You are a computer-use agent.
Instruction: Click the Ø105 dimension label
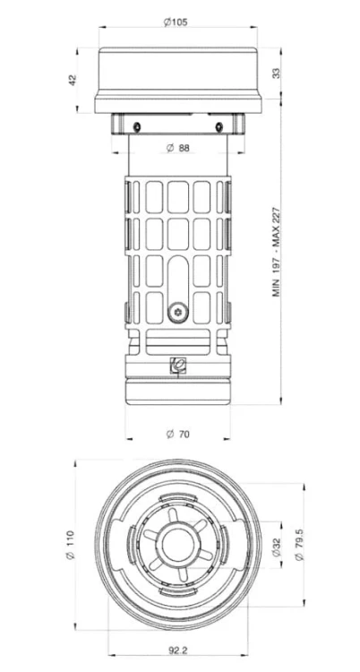pyautogui.click(x=176, y=22)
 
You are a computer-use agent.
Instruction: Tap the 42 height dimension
pyautogui.click(x=72, y=80)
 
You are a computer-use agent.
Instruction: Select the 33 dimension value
pyautogui.click(x=277, y=73)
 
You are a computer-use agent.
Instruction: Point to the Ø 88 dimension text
pyautogui.click(x=177, y=148)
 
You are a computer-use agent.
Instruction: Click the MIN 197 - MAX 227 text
pyautogui.click(x=277, y=253)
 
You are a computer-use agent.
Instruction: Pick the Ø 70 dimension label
pyautogui.click(x=177, y=435)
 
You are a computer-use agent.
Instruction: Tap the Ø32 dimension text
pyautogui.click(x=277, y=545)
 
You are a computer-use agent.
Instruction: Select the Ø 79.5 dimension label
pyautogui.click(x=300, y=545)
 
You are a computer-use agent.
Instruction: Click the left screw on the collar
pyautogui.click(x=137, y=127)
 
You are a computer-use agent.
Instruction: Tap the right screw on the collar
pyautogui.click(x=219, y=127)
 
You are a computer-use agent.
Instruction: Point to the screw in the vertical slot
pyautogui.click(x=178, y=314)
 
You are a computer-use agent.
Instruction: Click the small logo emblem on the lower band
pyautogui.click(x=178, y=366)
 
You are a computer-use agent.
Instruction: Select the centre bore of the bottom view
pyautogui.click(x=178, y=545)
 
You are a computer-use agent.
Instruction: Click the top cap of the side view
pyautogui.click(x=178, y=80)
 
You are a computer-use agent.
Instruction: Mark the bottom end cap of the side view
pyautogui.click(x=178, y=391)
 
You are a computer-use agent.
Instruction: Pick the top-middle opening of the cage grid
pyautogui.click(x=178, y=197)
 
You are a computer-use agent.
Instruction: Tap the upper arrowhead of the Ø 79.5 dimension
pyautogui.click(x=304, y=487)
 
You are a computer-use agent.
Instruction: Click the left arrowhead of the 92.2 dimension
pyautogui.click(x=112, y=655)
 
